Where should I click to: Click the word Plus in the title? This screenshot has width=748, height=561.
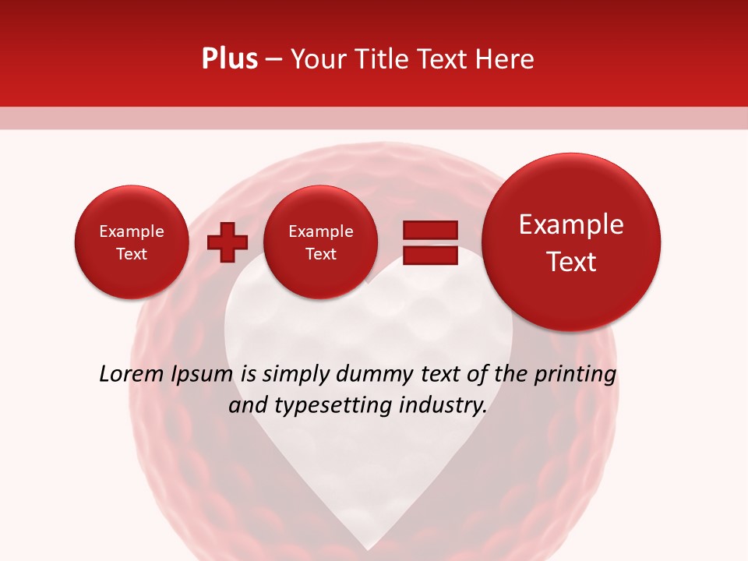click(x=229, y=59)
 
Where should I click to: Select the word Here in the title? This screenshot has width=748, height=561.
click(x=506, y=59)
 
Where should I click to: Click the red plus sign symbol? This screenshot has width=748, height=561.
click(x=227, y=242)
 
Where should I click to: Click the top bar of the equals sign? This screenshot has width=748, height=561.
click(x=429, y=231)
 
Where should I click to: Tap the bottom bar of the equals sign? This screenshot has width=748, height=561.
click(x=429, y=255)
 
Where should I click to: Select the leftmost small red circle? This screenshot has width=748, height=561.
click(x=132, y=242)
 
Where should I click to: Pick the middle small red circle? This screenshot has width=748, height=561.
click(x=321, y=242)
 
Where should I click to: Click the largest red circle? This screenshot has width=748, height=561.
click(x=571, y=242)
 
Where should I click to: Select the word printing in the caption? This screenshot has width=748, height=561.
click(x=575, y=375)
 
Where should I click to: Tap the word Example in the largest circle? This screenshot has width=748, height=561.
click(x=571, y=225)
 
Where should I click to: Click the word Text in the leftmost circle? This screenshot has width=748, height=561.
click(x=132, y=254)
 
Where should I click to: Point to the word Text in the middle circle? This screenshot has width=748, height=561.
click(x=321, y=254)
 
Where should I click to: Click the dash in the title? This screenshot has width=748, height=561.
click(x=273, y=60)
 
